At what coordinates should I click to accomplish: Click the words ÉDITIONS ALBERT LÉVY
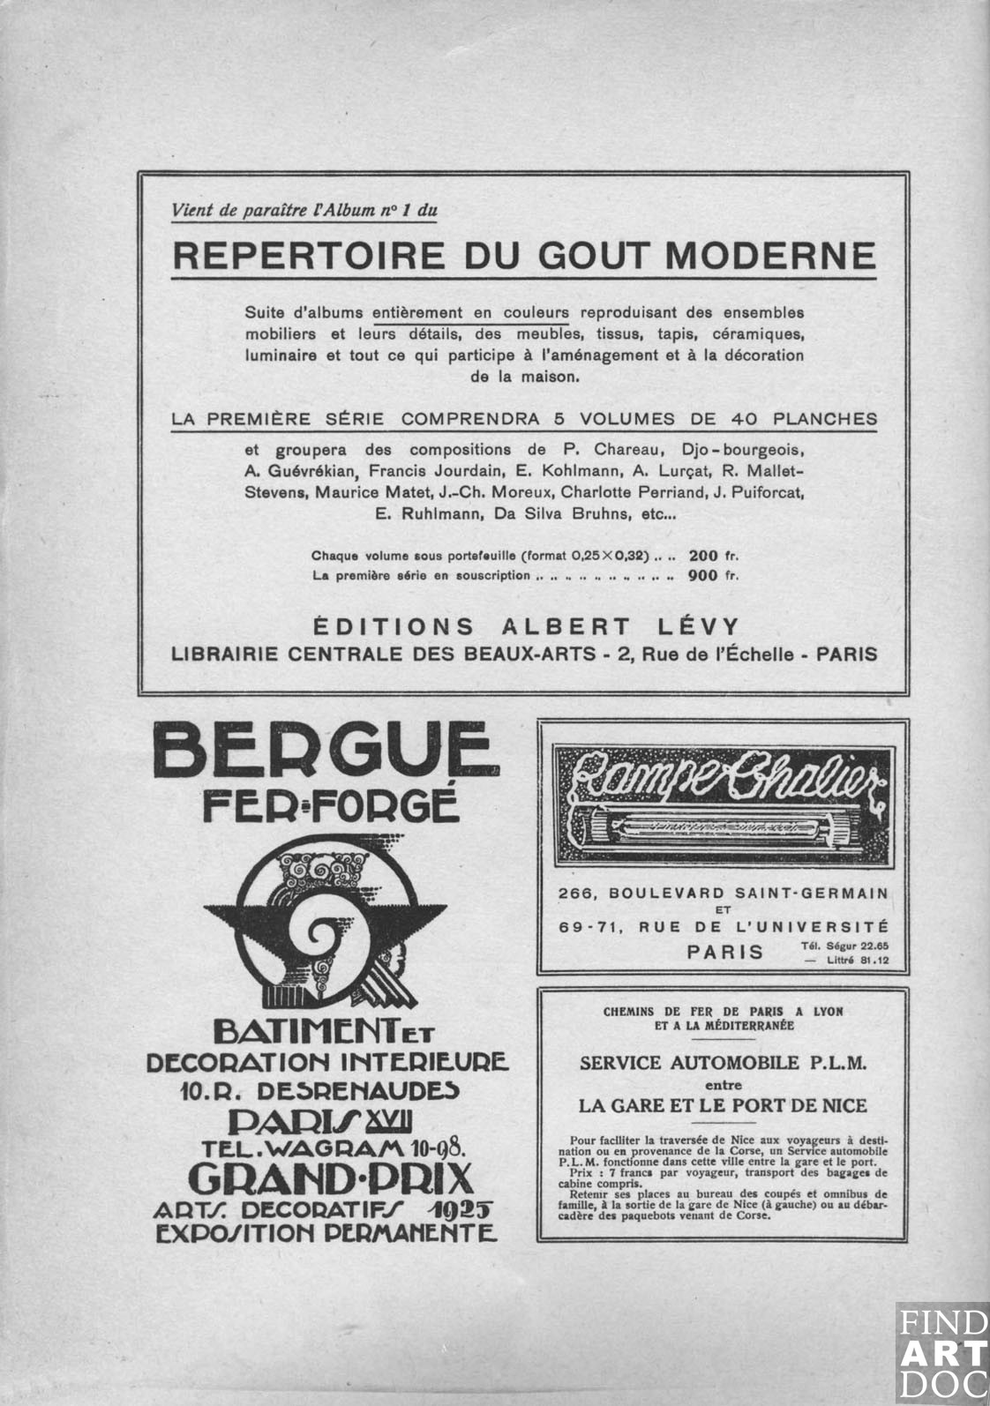click(526, 627)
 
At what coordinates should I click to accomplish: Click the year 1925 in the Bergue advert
click(459, 1209)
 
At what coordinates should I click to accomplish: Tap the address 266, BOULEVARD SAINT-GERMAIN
click(723, 894)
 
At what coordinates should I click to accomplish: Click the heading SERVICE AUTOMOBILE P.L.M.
click(723, 1063)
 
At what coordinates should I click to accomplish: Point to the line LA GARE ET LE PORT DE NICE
click(723, 1105)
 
